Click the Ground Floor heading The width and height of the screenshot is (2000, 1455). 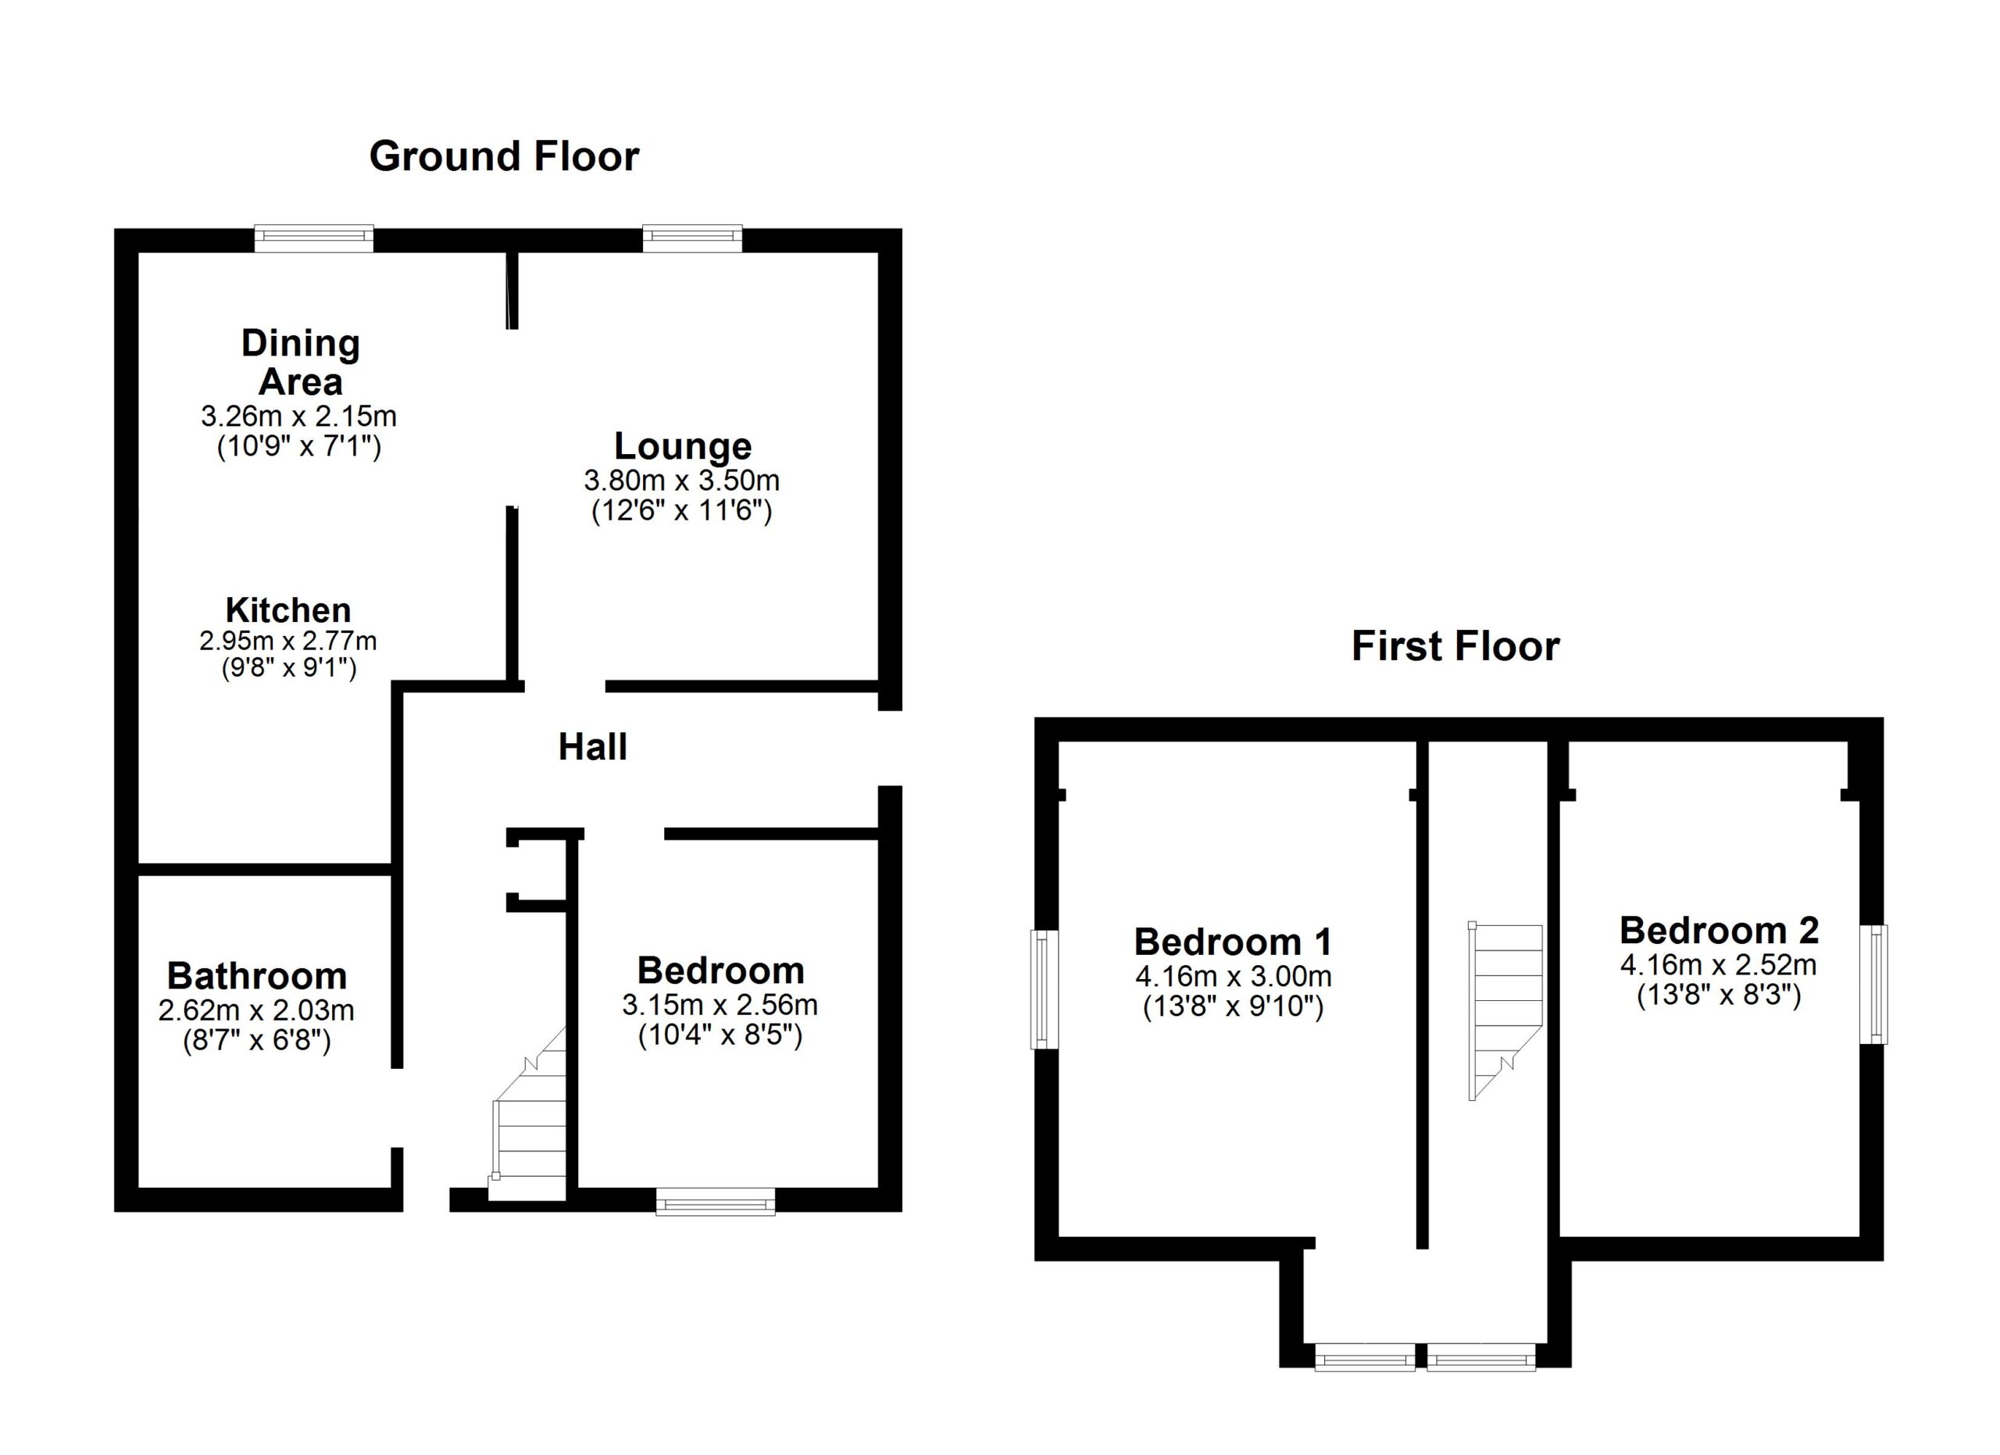point(504,157)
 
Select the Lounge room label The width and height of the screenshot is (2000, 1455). point(683,446)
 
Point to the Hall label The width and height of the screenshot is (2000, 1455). point(593,747)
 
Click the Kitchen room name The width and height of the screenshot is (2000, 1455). point(288,610)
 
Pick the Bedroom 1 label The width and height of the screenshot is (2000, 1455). point(1233,942)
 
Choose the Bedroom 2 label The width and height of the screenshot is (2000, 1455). point(1719,931)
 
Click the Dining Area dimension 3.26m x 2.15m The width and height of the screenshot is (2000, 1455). point(299,416)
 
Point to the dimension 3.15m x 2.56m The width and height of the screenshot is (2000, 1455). point(720,1004)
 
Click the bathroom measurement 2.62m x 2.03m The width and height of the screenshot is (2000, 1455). point(256,1010)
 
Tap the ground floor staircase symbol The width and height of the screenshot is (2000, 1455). point(527,1114)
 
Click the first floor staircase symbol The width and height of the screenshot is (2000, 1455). point(1505,1011)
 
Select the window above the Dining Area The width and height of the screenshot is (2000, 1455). point(314,238)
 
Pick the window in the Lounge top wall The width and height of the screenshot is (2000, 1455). point(692,238)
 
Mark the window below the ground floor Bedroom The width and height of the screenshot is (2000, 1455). point(715,1202)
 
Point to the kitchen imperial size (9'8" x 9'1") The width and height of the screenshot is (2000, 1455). point(288,668)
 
